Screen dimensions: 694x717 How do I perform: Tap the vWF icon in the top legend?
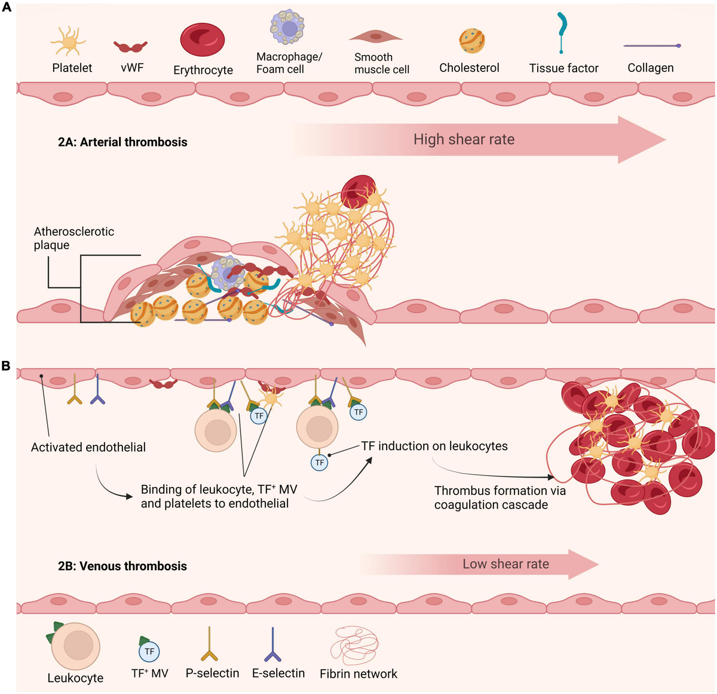(x=130, y=47)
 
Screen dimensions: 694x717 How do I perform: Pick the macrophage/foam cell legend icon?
(x=288, y=27)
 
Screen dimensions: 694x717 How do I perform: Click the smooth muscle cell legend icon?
(x=376, y=37)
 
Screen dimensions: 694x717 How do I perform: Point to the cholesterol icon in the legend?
(x=471, y=41)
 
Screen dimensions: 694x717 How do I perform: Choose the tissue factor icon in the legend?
(x=562, y=32)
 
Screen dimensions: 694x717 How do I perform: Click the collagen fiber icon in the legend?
(x=651, y=46)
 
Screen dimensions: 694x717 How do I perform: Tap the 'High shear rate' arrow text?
(x=464, y=140)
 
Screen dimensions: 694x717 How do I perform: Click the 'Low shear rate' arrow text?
(x=505, y=564)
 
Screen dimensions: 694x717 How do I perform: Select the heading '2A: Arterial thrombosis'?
(x=122, y=142)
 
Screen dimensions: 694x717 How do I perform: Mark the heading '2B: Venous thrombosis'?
(x=122, y=566)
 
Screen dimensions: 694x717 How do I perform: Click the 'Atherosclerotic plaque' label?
(x=73, y=238)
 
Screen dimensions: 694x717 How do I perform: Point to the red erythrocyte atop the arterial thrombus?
(x=357, y=191)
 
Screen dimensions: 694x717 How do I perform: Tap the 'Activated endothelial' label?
(x=88, y=447)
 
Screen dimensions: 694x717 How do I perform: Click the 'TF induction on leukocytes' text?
(x=434, y=446)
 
